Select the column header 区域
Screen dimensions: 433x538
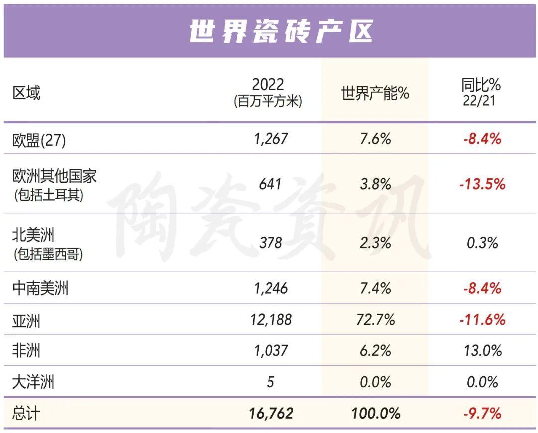pos(26,93)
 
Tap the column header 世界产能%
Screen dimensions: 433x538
pos(375,93)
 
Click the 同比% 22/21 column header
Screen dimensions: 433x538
pos(481,92)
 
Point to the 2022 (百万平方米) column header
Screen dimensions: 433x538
pos(268,92)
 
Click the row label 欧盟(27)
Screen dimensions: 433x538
pos(39,140)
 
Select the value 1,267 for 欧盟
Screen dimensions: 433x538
pos(270,138)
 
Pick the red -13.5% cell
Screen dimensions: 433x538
pos(482,184)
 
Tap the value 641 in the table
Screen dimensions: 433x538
pos(270,184)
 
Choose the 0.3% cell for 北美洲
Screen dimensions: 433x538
pos(482,243)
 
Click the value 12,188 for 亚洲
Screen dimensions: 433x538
pos(270,319)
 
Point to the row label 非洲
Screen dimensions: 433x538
pos(26,351)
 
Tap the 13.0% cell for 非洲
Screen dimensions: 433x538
pos(482,351)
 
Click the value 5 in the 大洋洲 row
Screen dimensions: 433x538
pos(270,382)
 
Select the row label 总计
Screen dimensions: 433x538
pos(26,414)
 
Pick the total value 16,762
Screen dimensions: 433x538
pos(270,413)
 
